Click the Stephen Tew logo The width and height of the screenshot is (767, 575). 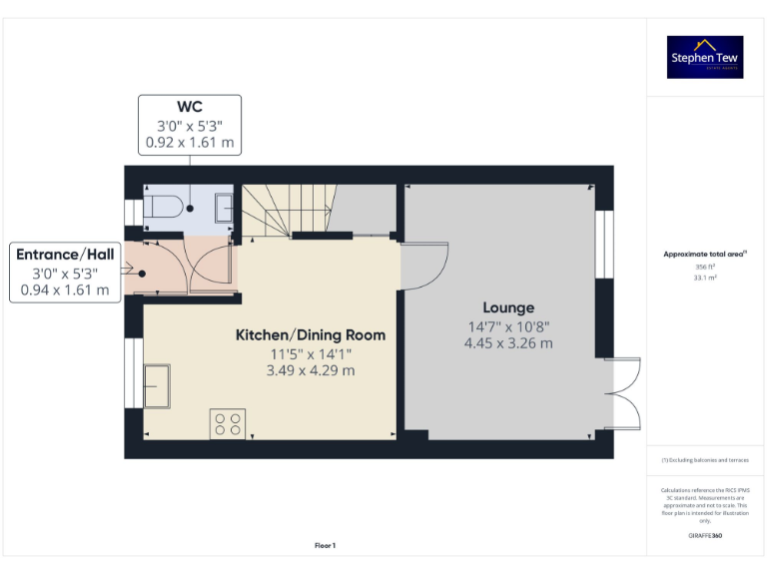click(x=705, y=57)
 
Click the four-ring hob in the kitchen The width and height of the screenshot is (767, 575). click(x=228, y=424)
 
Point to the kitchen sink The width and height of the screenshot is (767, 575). click(x=156, y=385)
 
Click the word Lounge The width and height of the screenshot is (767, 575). click(x=508, y=307)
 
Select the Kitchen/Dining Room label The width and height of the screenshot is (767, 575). click(x=310, y=334)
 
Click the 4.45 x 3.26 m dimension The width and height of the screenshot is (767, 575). click(x=508, y=343)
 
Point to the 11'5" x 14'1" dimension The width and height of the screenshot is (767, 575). click(x=310, y=353)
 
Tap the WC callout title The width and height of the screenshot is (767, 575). click(x=190, y=107)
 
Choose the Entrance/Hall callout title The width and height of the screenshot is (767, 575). click(x=65, y=254)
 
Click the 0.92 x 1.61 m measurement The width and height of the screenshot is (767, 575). click(x=190, y=143)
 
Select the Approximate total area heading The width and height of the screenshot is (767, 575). click(x=705, y=255)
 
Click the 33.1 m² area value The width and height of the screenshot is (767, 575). click(x=705, y=278)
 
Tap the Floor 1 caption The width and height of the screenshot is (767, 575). click(x=325, y=545)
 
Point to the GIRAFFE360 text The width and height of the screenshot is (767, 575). click(x=705, y=536)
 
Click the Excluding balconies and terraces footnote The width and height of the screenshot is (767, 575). click(x=705, y=459)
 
